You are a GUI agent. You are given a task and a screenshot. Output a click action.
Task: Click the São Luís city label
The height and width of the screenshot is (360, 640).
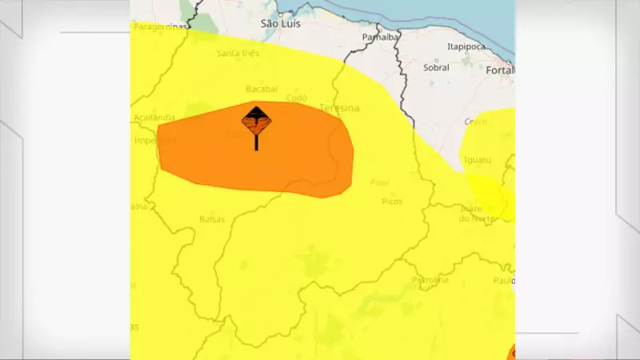click(280, 24)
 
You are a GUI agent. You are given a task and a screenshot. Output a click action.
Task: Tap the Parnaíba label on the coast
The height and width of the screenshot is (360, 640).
click(380, 37)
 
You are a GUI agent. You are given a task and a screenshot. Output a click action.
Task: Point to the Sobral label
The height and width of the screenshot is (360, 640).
click(436, 68)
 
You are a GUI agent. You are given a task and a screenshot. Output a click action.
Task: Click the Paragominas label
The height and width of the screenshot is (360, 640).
click(159, 26)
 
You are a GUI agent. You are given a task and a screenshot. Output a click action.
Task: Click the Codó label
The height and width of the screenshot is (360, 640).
click(296, 98)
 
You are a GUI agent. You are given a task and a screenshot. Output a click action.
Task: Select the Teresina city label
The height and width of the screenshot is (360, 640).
click(339, 108)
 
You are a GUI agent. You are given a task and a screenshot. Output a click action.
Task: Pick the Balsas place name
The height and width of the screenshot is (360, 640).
click(211, 218)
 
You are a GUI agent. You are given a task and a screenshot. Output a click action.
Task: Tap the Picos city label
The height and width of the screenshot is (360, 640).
click(392, 201)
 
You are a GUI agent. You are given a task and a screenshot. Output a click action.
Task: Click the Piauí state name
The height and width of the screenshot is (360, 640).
click(380, 182)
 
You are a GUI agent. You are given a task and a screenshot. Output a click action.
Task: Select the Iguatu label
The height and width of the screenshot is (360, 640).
click(477, 160)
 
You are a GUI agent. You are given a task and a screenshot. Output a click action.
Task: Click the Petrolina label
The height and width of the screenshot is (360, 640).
click(430, 280)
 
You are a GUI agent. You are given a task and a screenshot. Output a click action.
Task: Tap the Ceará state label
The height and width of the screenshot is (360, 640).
click(475, 122)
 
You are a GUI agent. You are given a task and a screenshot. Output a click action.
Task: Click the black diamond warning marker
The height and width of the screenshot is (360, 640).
click(256, 122)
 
